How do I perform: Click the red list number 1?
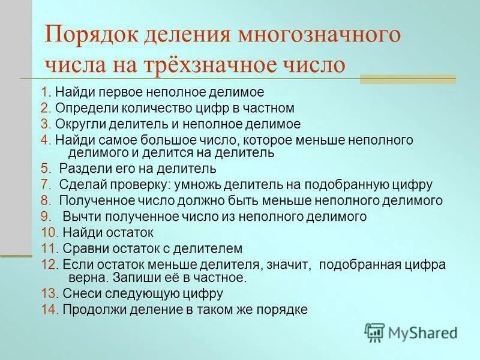coord(45,92)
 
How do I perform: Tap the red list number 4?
coord(45,140)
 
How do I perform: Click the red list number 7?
coord(45,184)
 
